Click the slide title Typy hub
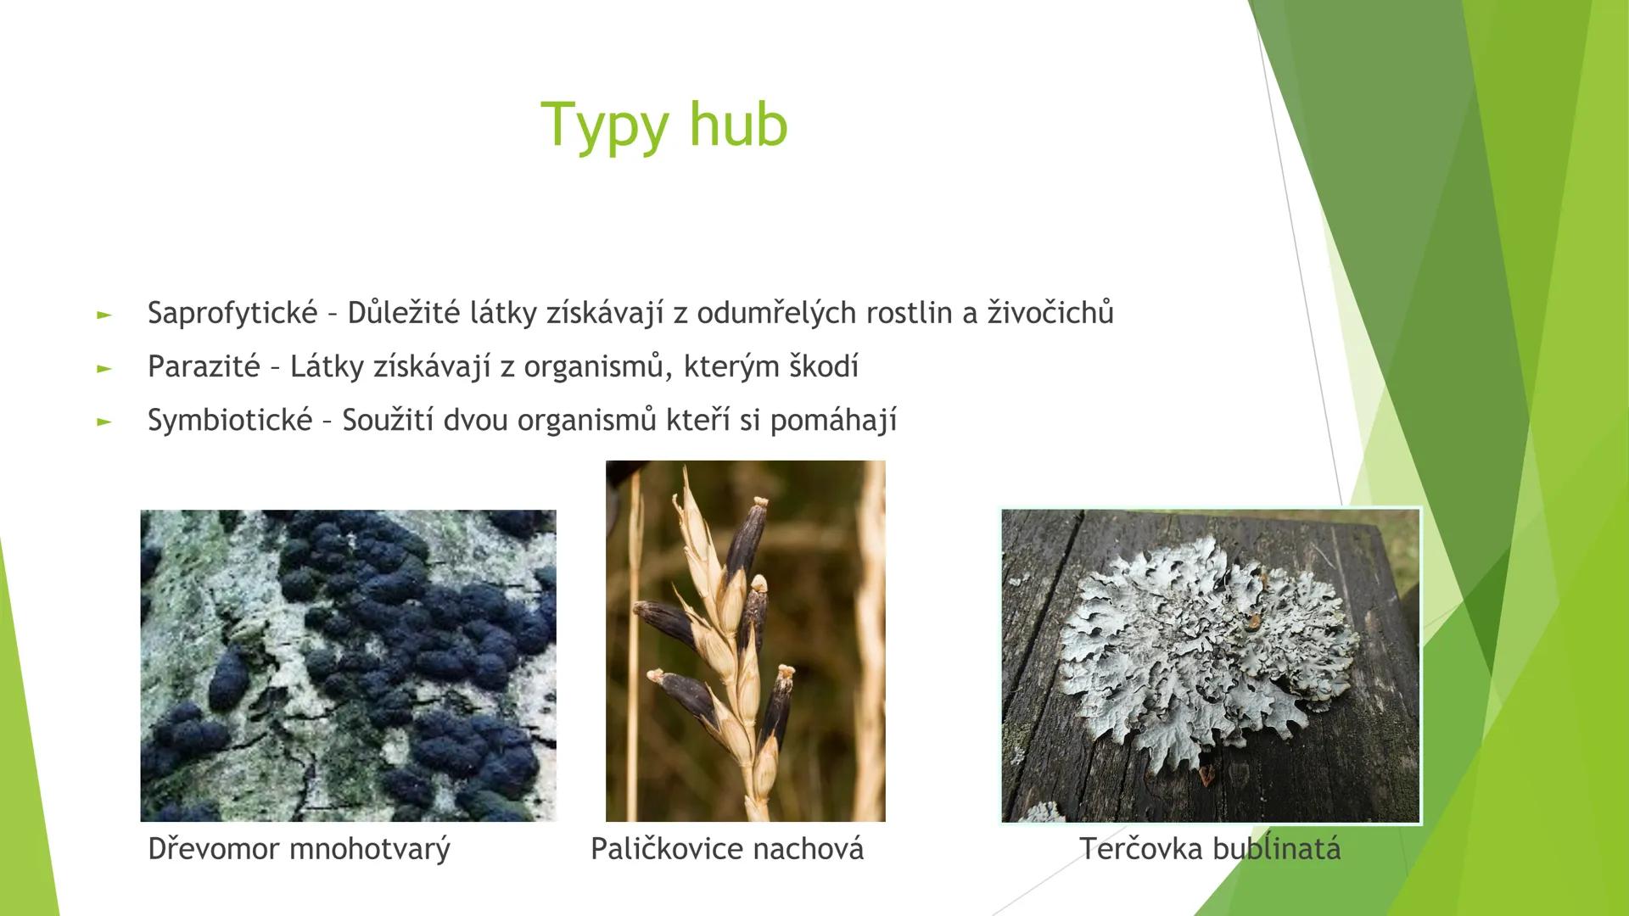click(664, 125)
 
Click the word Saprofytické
click(232, 314)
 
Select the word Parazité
click(204, 367)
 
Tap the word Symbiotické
click(230, 421)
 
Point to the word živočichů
click(1050, 314)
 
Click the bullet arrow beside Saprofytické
click(104, 316)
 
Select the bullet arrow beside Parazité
click(104, 369)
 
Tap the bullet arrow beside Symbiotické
click(104, 422)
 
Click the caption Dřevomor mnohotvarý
click(299, 849)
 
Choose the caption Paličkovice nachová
click(726, 849)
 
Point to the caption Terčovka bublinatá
click(1210, 849)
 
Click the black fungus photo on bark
click(348, 666)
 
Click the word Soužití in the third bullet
click(389, 421)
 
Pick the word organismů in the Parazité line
click(593, 367)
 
